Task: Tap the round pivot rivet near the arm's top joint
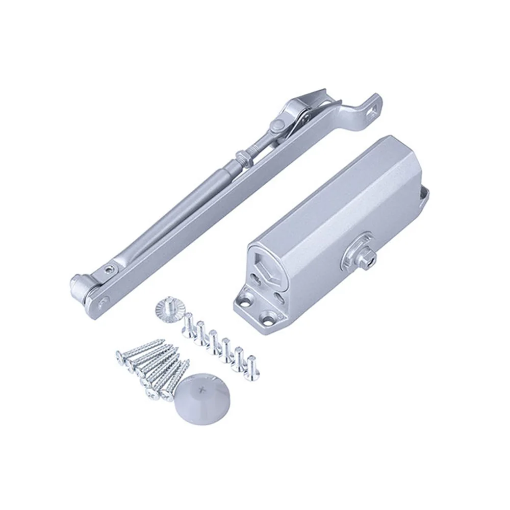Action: (278, 124)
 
